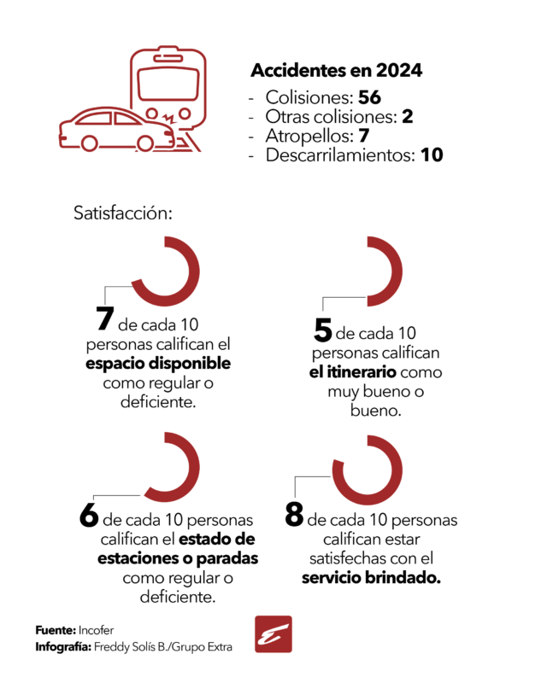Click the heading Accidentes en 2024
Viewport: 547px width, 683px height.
(336, 71)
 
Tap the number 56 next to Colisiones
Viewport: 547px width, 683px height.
(369, 97)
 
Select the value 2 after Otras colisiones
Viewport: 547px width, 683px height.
(408, 116)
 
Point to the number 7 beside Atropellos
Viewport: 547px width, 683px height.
(364, 136)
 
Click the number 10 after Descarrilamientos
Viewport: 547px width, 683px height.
(432, 155)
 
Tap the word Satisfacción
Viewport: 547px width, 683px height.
(123, 213)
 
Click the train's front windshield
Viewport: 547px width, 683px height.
(168, 84)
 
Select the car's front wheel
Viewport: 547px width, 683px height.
(145, 143)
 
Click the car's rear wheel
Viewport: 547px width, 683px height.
(90, 143)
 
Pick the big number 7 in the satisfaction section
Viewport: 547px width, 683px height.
(105, 318)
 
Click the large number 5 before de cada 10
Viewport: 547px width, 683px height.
(323, 330)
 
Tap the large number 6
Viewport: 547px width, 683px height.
(89, 516)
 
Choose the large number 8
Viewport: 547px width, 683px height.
(294, 515)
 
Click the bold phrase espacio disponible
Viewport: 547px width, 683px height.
(158, 364)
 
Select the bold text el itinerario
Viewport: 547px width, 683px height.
(353, 372)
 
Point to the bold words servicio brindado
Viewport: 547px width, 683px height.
(371, 578)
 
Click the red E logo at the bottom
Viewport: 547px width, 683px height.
(273, 634)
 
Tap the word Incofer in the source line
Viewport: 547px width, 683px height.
(96, 630)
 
